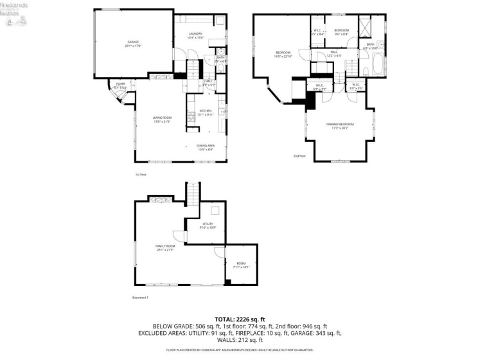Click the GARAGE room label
click(133, 44)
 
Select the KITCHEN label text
click(205, 113)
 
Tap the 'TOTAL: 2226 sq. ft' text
click(240, 319)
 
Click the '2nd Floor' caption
click(299, 156)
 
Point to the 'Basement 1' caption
click(140, 298)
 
